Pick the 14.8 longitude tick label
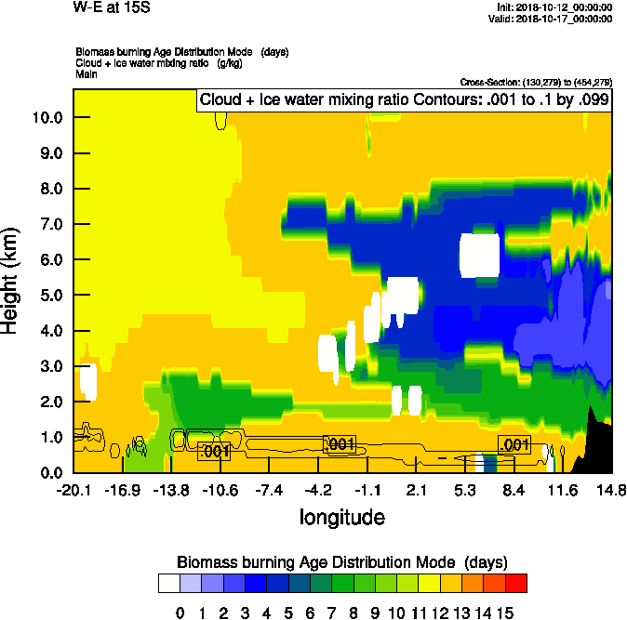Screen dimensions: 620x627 pos(611,490)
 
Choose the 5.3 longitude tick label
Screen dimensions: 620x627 pos(465,490)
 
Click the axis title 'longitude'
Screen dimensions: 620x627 pos(341,516)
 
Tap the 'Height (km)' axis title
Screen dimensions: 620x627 pos(11,282)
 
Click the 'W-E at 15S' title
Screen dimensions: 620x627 pos(113,7)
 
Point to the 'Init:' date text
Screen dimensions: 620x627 pos(554,7)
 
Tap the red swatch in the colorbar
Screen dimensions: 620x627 pos(516,584)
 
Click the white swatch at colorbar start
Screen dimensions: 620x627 pos(168,584)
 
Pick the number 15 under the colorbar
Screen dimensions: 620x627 pos(505,613)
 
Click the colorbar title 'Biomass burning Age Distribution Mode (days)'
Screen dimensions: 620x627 pos(341,562)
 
